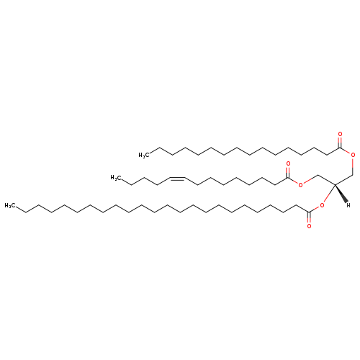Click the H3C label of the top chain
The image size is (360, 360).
pos(144,156)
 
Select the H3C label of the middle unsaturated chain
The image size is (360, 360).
pos(115,178)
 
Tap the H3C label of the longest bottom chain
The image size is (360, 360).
pos(10,205)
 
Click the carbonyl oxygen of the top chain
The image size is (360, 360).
pos(340,134)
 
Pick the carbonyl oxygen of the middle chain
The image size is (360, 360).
pos(288,163)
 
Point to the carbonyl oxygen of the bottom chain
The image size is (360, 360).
pos(309,226)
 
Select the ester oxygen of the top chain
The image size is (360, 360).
pos(353,155)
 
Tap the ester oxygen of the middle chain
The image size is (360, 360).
pos(300,184)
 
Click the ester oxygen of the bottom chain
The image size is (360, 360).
pos(322,205)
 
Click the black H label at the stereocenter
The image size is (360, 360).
pos(348,205)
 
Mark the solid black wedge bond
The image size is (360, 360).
pos(341,193)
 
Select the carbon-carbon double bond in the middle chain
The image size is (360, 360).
pos(177,179)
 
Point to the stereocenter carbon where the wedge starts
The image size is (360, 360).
pos(335,184)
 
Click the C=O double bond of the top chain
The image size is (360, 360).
pos(340,143)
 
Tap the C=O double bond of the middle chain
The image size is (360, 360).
pos(288,172)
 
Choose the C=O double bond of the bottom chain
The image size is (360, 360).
pos(309,217)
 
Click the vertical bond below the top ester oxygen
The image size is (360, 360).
pos(353,166)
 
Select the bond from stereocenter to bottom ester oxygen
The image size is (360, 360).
pos(329,194)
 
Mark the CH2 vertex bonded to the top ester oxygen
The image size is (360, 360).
pos(353,174)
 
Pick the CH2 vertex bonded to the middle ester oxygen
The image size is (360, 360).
pos(318,175)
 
